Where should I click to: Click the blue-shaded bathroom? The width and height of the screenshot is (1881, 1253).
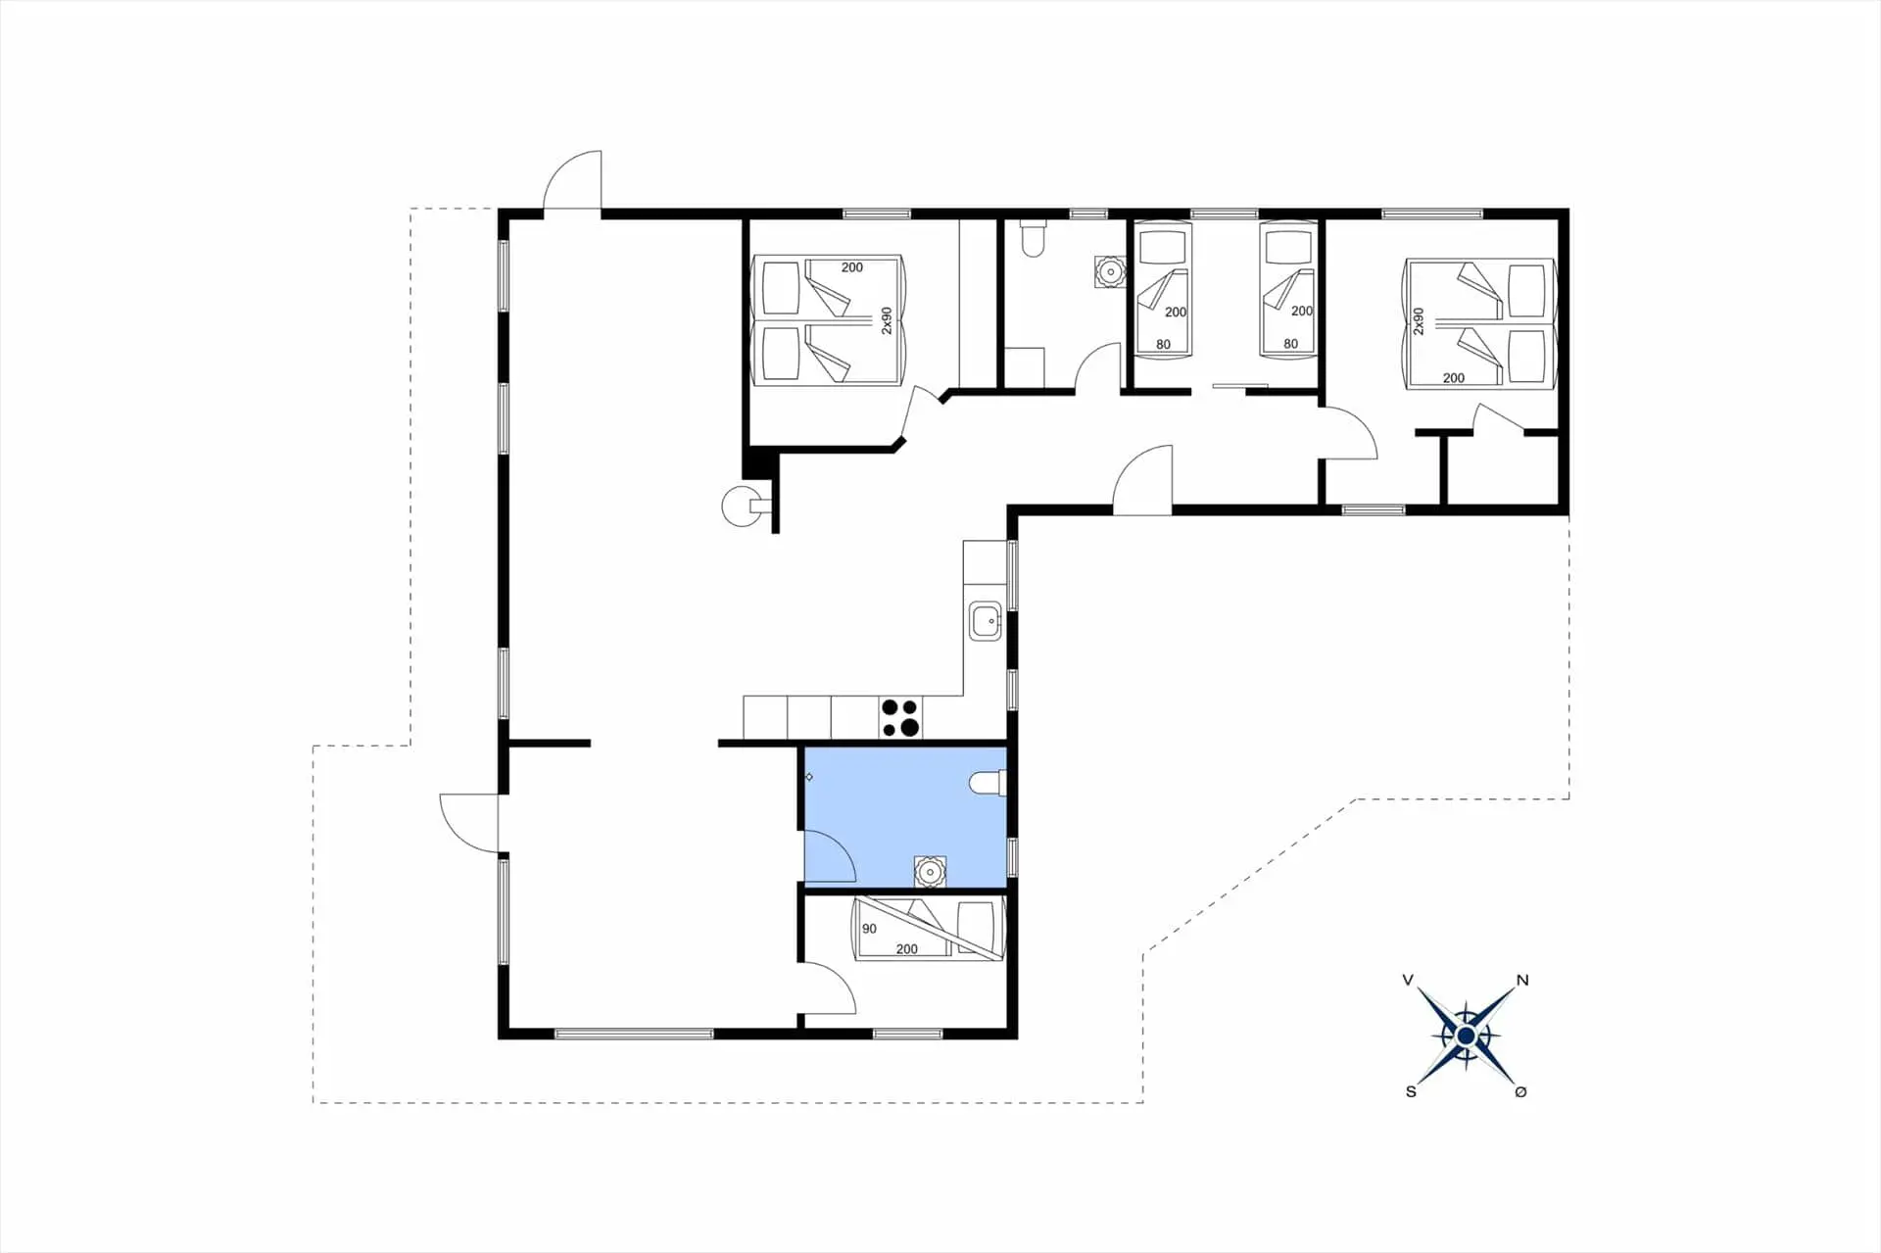905,815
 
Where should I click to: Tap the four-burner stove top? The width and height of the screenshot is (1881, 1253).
899,717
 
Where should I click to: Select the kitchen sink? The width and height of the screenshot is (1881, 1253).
985,621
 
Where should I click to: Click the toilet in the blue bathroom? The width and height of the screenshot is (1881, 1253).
988,783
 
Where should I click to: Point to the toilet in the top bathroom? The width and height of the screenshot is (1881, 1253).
1033,238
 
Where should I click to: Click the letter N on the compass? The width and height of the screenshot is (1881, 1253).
1521,980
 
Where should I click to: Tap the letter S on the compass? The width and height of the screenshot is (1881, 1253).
1411,1091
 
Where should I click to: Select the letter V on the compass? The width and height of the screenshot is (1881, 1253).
1408,980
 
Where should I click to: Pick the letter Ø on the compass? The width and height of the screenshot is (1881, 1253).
1520,1091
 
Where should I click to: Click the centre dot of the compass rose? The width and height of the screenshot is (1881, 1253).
1466,1036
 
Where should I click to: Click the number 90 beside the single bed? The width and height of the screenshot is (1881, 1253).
869,929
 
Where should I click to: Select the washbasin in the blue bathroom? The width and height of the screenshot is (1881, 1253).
930,871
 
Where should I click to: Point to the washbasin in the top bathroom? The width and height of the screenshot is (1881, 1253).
1110,271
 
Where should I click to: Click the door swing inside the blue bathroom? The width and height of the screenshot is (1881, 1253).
831,854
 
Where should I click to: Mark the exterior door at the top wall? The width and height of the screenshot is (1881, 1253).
573,180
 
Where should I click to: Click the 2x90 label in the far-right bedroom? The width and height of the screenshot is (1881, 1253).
1418,321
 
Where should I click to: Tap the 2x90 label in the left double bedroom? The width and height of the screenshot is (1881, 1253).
887,321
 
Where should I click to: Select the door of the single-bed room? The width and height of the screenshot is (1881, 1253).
829,988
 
